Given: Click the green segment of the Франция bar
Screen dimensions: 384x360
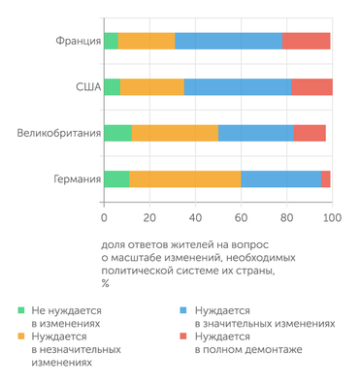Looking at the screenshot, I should pos(111,41).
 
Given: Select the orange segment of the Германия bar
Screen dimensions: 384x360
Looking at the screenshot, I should pos(185,178).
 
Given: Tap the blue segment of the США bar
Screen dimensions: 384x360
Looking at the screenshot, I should pos(238,86).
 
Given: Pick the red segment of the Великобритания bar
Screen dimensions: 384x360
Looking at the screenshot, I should pos(311,133).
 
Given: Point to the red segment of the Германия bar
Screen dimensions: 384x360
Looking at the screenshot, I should pos(326,178).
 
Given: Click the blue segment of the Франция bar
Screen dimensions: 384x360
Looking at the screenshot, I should pos(229,41).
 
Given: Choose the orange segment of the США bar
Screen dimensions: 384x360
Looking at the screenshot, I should pos(152,86).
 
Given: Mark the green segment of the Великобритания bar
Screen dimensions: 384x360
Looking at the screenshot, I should pos(117,133).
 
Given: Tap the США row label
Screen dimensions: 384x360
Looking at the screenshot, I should pos(87,86).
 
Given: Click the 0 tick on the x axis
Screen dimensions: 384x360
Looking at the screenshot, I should pos(104,218).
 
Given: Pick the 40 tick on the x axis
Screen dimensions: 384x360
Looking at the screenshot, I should pos(195,218).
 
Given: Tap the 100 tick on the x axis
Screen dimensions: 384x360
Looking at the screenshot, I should pos(332,218).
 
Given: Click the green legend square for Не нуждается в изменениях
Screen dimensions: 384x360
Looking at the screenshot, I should pos(22,308).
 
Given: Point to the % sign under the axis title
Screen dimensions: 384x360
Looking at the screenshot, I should pos(104,283).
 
